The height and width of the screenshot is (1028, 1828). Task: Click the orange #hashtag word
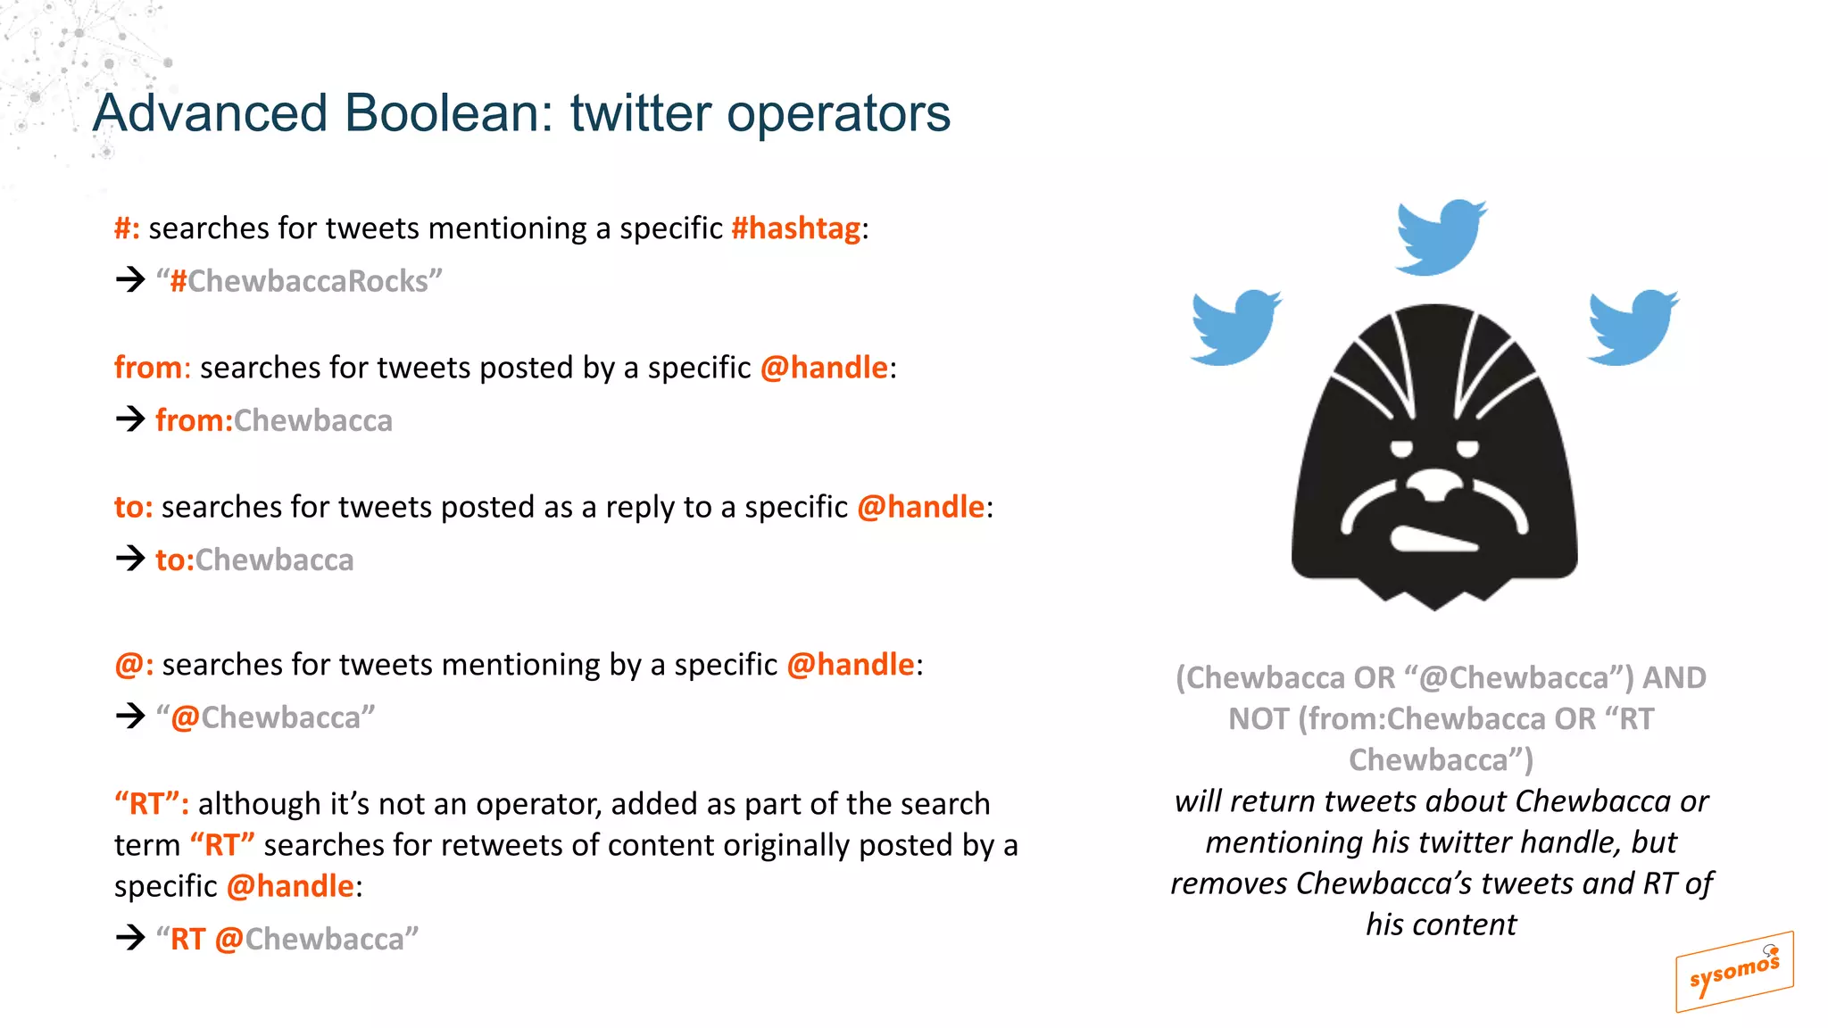[x=795, y=228]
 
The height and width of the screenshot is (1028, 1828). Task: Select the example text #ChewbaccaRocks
[x=299, y=281]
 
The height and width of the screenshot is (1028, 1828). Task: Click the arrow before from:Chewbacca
[x=130, y=419]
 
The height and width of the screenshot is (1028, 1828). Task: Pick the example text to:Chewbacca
[x=254, y=560]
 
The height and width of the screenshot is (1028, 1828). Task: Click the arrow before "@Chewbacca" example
[x=130, y=716]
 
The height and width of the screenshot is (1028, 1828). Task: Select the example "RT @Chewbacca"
[x=287, y=939]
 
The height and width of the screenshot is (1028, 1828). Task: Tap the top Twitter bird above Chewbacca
[x=1440, y=236]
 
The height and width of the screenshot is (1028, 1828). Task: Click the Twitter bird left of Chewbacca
[x=1235, y=327]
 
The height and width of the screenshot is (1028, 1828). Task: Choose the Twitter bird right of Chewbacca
[x=1632, y=327]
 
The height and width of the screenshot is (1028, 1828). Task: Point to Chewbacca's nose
[x=1434, y=487]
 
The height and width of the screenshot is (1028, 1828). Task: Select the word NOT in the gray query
[x=1258, y=719]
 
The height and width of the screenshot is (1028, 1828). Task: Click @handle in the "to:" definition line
[x=920, y=507]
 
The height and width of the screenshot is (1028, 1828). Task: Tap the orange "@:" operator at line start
[x=134, y=665]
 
